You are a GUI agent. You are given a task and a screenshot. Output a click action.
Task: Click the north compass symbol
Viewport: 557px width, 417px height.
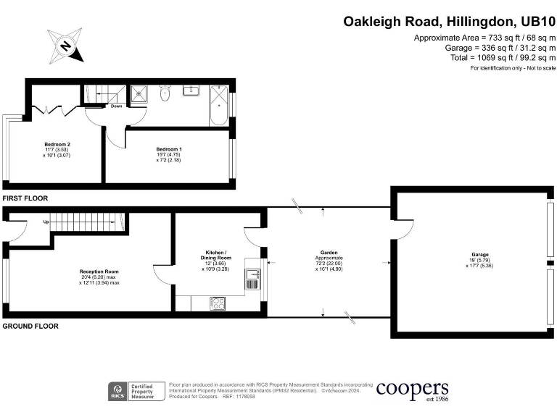point(65,46)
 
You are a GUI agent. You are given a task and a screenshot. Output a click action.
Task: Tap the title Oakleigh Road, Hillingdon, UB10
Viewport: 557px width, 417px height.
point(449,22)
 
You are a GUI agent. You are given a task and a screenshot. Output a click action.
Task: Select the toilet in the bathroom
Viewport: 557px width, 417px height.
point(165,93)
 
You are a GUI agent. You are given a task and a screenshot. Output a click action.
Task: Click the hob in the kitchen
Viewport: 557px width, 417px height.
point(218,303)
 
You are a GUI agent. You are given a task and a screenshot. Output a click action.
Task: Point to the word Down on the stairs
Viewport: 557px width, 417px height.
point(116,106)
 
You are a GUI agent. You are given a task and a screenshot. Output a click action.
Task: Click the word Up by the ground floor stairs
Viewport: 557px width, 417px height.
point(46,222)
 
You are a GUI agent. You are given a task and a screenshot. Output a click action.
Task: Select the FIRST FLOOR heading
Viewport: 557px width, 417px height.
point(26,198)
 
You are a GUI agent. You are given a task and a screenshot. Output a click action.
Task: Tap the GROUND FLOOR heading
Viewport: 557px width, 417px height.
point(30,327)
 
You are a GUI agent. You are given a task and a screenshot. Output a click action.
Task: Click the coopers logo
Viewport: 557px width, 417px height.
point(411,389)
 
